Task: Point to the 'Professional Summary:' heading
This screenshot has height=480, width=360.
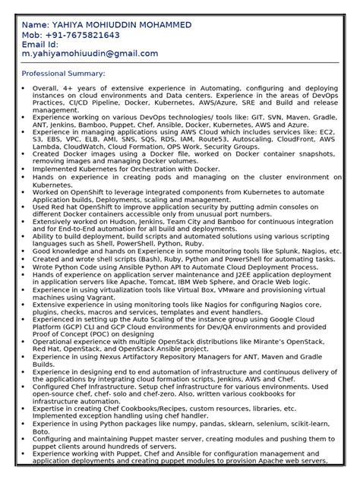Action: (x=63, y=74)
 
